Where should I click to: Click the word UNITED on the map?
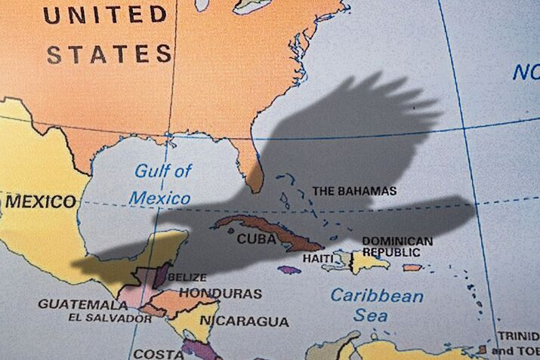coord(106,14)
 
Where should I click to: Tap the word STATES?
coord(110,54)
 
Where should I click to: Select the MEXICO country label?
coord(41,202)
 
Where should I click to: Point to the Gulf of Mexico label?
coord(162,184)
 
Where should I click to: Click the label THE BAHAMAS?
coord(354,191)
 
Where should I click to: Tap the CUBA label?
coord(255,238)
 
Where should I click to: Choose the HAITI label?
coord(318,258)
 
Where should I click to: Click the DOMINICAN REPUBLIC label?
coord(397,246)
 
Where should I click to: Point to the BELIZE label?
coord(187,277)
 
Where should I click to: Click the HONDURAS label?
coord(221,293)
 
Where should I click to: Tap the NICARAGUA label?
coord(243,321)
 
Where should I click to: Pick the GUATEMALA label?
coord(83,304)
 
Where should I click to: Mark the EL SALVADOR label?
coord(110,318)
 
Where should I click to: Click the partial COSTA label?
coord(158,353)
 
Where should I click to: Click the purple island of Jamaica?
coord(289,269)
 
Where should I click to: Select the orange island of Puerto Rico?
coord(412,267)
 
